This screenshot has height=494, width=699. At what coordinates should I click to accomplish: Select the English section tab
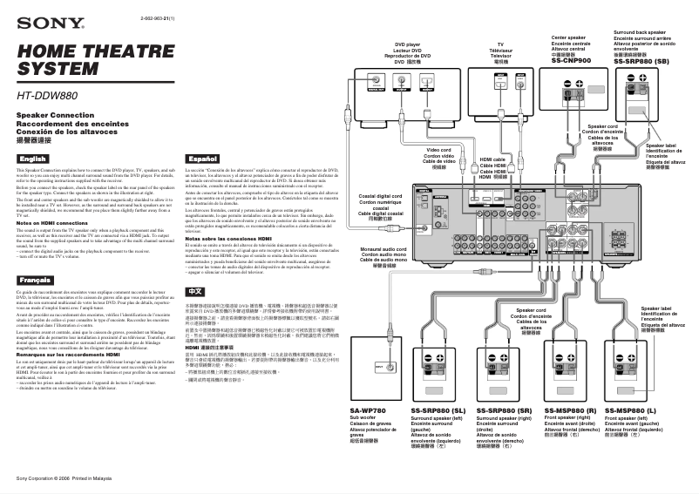point(33,158)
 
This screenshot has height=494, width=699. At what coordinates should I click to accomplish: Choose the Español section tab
point(202,158)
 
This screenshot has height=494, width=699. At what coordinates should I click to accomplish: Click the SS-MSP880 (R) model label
point(570,410)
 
